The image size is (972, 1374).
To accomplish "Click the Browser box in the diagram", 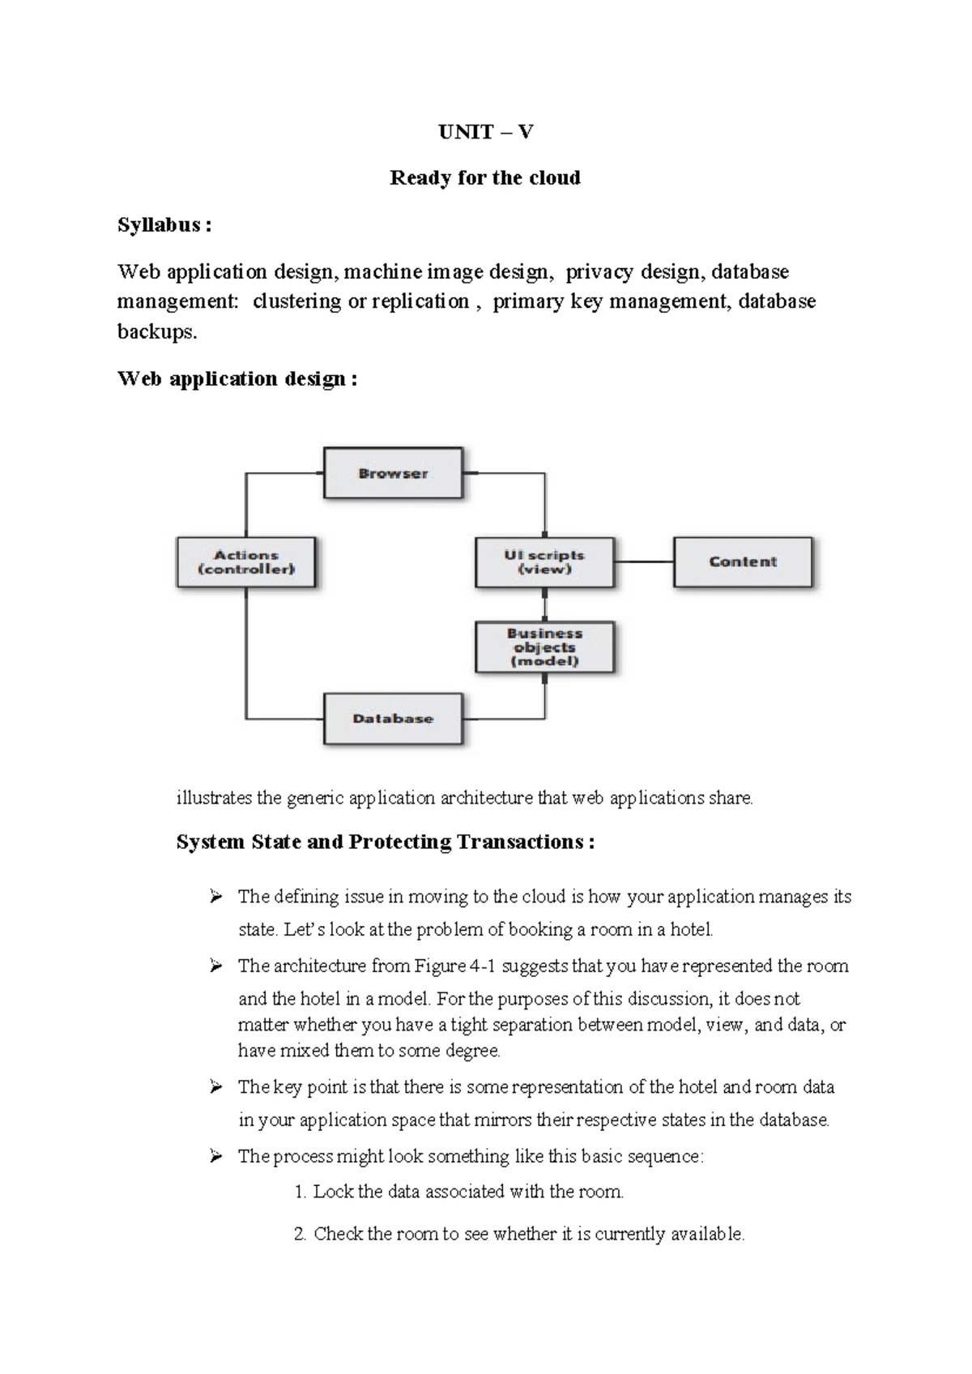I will tap(393, 473).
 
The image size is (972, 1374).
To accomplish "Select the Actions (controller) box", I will tap(246, 562).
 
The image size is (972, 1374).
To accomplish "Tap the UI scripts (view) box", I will tap(544, 562).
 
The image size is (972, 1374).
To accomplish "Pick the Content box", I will tap(743, 561).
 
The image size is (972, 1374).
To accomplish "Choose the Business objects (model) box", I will tap(544, 647).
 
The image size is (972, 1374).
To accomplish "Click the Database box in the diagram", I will tap(393, 719).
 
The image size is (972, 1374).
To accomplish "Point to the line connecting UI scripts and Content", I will tap(644, 561).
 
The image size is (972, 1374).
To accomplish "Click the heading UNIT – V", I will tap(485, 132).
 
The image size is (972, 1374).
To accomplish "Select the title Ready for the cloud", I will tap(485, 178).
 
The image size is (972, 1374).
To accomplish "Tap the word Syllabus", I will tap(159, 225).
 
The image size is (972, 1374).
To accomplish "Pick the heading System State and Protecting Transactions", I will tap(385, 843).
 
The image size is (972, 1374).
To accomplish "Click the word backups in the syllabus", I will tap(156, 332).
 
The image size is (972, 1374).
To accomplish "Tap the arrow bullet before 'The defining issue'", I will tap(215, 896).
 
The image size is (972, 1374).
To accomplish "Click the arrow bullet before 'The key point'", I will tap(215, 1086).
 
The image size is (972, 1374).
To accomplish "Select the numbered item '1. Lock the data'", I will tap(459, 1192).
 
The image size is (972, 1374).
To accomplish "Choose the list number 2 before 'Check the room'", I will tap(299, 1234).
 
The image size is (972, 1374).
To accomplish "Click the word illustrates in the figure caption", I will tap(214, 798).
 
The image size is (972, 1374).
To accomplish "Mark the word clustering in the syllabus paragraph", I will tap(296, 301).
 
